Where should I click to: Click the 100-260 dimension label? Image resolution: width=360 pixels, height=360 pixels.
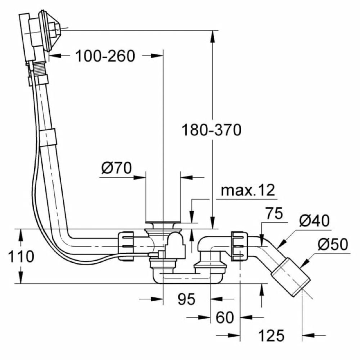coord(105,56)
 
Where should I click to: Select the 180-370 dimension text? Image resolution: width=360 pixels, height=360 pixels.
coord(211,130)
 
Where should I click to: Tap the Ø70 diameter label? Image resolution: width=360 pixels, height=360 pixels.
coord(116,168)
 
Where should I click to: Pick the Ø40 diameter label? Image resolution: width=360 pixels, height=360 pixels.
coord(314,221)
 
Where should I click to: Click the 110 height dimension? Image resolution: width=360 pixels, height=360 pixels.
coord(21,256)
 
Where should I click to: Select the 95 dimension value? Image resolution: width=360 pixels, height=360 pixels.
coord(186,299)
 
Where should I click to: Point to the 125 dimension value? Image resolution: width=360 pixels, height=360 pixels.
coord(271,335)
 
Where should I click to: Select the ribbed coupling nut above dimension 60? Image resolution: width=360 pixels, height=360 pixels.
coord(240,246)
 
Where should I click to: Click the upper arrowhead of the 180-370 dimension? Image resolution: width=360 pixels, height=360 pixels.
coord(213,37)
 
